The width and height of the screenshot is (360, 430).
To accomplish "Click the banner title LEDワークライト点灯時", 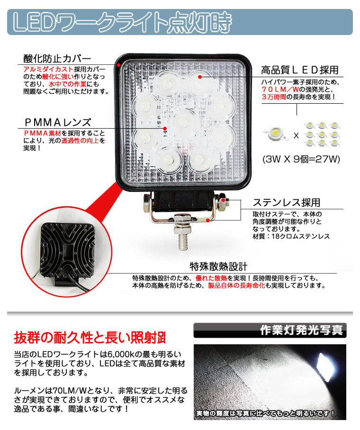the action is point(122,22).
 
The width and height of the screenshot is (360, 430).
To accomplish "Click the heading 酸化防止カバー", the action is point(57,59).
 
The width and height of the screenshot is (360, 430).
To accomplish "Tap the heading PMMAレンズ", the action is point(58,122).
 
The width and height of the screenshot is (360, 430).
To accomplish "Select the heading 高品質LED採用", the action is point(300,70).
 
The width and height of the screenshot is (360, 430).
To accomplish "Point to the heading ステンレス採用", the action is point(287,202).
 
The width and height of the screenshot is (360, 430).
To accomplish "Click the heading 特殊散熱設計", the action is point(218,266).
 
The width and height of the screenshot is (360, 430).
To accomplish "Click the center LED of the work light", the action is point(184,122).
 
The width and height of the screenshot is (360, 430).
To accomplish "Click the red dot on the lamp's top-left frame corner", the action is point(118,65).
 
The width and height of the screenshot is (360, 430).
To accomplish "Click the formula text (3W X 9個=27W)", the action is point(301,159).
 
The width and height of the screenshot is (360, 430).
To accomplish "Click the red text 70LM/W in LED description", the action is point(280,90).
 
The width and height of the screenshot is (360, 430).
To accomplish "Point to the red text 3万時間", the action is point(274,97).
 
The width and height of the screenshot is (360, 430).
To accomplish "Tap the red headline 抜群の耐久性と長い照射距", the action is point(90,338).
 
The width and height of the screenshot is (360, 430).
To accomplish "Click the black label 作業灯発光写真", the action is point(301,330).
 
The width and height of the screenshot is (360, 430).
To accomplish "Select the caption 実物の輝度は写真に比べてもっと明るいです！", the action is point(265,413).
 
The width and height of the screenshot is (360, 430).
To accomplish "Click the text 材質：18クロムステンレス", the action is point(291,236).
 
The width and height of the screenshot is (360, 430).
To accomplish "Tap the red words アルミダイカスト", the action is point(48,69).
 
